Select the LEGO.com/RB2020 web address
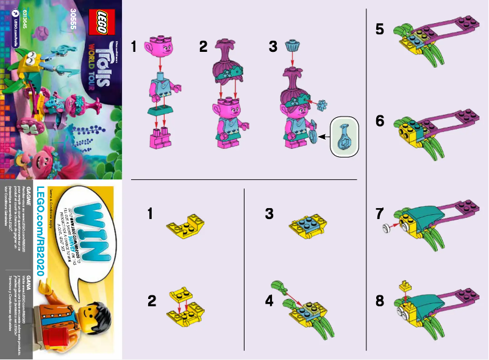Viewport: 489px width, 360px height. point(42,239)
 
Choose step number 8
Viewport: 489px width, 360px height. point(380,301)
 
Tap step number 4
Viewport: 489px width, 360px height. point(269,301)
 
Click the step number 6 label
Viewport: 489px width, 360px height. point(380,121)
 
